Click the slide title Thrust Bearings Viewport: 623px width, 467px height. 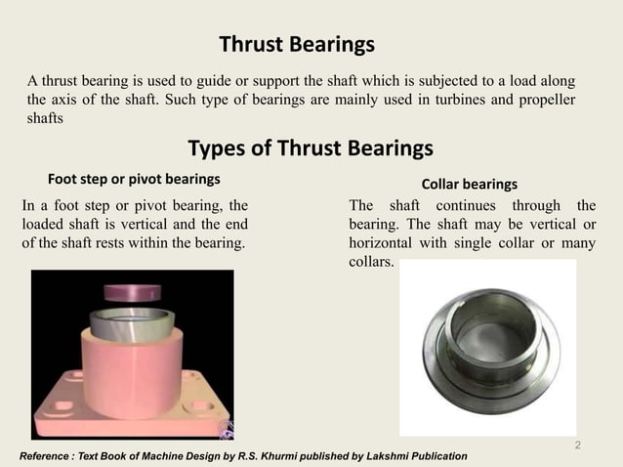click(x=297, y=45)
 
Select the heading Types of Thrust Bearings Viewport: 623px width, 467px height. click(x=310, y=149)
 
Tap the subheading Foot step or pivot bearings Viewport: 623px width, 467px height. click(x=134, y=180)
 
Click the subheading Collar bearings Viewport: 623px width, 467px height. click(x=469, y=184)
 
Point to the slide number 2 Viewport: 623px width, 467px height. click(x=578, y=446)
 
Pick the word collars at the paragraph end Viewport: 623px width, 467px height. click(x=372, y=263)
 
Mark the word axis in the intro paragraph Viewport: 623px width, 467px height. click(x=66, y=100)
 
